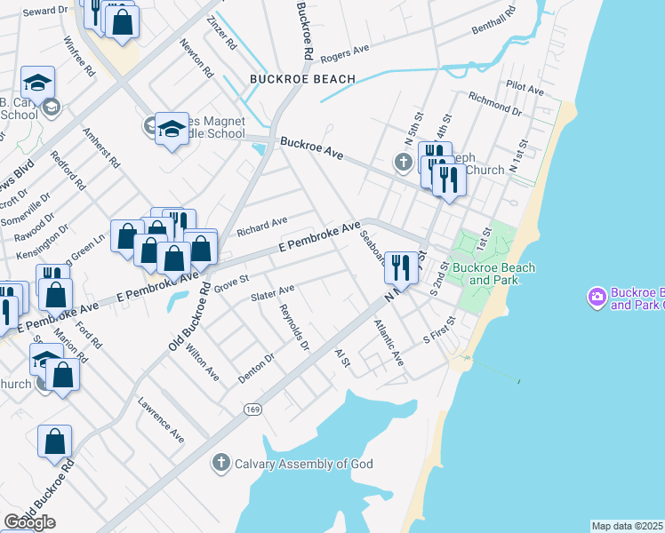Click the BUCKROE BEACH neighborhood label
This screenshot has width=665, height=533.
[302, 79]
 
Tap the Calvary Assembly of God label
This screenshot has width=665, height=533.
[303, 464]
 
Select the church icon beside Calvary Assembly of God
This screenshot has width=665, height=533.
[221, 463]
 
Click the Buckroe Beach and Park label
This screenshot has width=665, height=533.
[493, 274]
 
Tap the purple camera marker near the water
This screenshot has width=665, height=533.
[597, 295]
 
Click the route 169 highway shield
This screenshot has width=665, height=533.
[253, 408]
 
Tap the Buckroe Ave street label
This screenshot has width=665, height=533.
[311, 147]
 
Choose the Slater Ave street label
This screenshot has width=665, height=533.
[272, 293]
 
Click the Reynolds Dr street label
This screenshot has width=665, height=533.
[294, 326]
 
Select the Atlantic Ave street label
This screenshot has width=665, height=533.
[389, 342]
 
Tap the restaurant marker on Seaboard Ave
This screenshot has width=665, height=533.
[401, 268]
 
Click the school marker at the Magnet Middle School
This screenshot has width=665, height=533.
[172, 130]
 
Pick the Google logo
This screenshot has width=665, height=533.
[29, 522]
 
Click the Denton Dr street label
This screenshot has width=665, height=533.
[256, 368]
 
